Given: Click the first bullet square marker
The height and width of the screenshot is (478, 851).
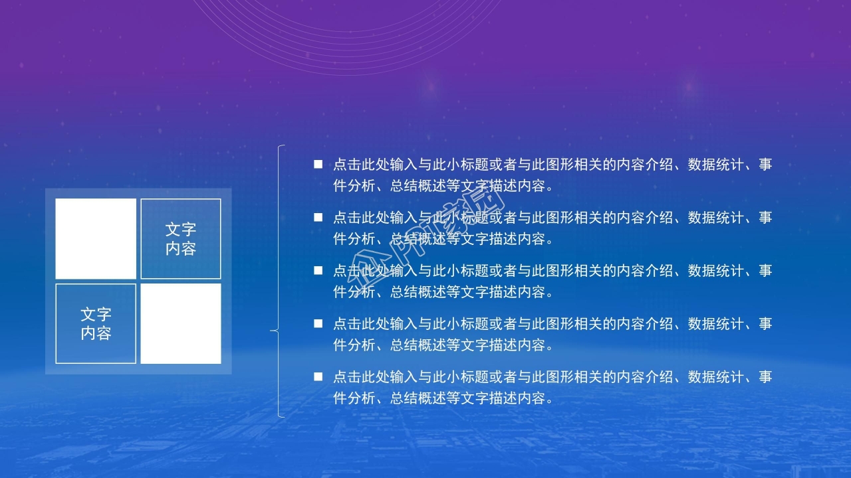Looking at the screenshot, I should click(x=318, y=164).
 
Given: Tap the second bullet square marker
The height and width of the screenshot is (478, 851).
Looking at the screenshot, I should click(x=318, y=217).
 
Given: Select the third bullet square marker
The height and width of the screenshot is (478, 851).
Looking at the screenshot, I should click(x=318, y=270).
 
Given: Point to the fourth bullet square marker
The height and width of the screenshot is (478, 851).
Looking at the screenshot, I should click(x=318, y=323).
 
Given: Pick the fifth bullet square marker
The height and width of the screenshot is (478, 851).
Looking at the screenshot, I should click(x=318, y=376).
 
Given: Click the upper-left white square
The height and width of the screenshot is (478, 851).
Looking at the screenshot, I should click(x=96, y=239).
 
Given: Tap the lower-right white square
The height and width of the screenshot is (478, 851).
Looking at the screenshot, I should click(x=181, y=323).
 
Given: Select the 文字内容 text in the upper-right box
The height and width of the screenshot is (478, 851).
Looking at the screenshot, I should click(x=181, y=239).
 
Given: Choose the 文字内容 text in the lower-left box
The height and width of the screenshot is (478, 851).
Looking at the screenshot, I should click(x=96, y=323).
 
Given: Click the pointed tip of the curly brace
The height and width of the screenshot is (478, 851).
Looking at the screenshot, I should click(x=271, y=330).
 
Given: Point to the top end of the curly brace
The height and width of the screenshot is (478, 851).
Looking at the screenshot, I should click(x=285, y=145).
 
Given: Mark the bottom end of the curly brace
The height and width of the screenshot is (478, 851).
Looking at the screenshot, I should click(x=285, y=417).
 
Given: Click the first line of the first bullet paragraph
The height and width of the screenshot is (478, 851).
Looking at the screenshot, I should click(x=552, y=165).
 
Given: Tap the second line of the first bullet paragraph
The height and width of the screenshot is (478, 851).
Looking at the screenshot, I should click(x=443, y=186).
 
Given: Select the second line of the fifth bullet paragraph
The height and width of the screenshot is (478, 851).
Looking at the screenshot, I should click(x=443, y=398).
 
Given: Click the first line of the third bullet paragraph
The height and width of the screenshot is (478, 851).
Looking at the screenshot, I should click(x=552, y=271).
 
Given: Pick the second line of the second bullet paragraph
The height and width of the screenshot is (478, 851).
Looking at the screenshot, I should click(x=443, y=239).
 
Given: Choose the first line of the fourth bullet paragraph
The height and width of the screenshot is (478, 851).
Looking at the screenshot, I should click(x=552, y=324).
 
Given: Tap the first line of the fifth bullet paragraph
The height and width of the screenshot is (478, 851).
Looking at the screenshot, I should click(x=552, y=377).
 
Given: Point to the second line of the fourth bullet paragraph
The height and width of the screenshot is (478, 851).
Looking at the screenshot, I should click(x=443, y=345).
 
